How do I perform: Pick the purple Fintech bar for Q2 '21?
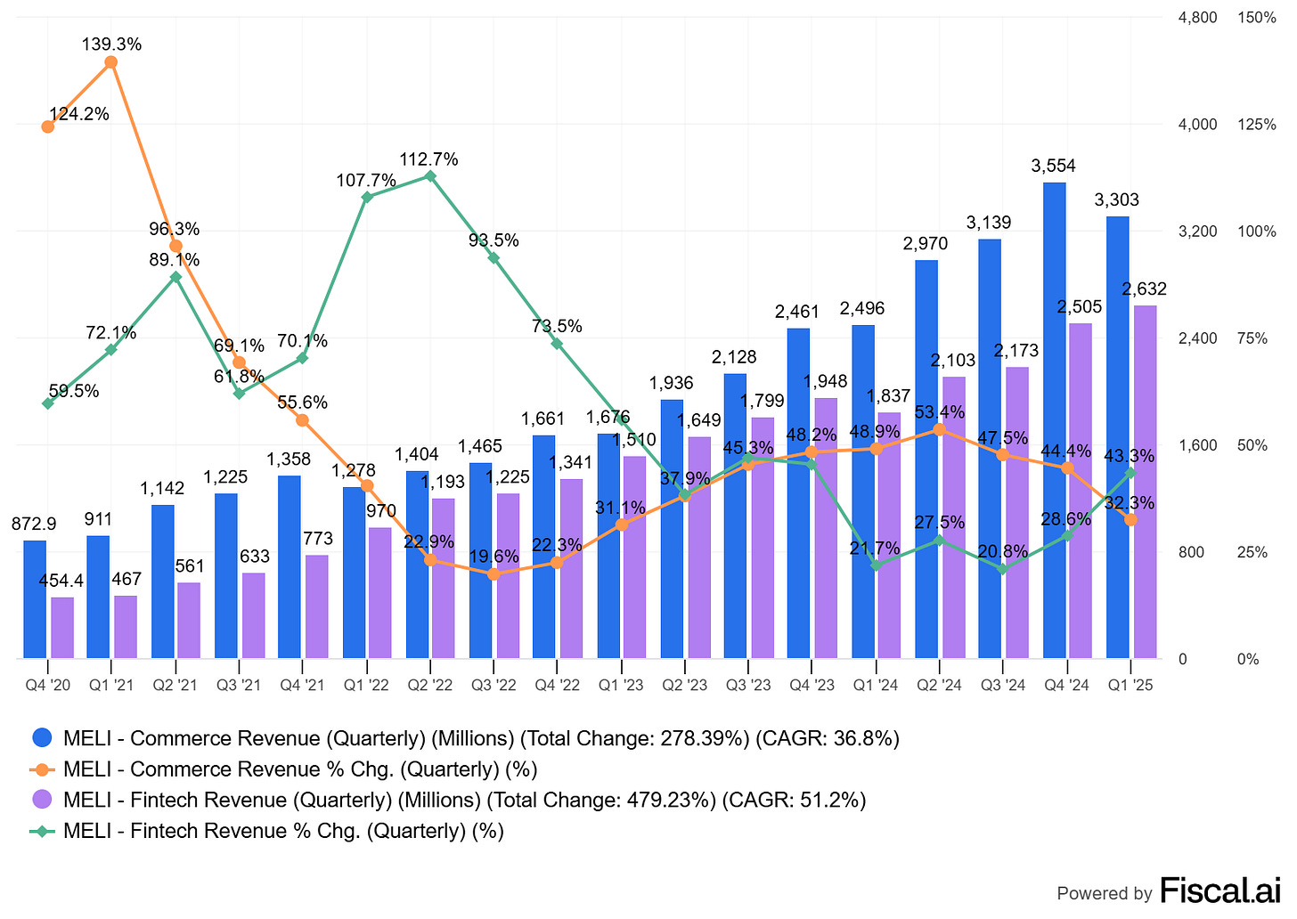click(x=189, y=621)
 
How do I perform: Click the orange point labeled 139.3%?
click(x=111, y=62)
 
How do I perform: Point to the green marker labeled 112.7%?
click(x=430, y=176)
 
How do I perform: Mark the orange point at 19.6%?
click(x=494, y=574)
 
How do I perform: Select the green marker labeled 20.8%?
click(x=1003, y=569)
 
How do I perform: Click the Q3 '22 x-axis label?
click(x=494, y=685)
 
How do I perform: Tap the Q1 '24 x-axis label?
click(x=876, y=685)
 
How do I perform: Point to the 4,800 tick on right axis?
click(x=1198, y=18)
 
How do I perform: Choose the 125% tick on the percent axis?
click(x=1257, y=125)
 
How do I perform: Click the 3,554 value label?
click(x=1054, y=166)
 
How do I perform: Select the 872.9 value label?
click(x=34, y=525)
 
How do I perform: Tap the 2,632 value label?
click(x=1145, y=289)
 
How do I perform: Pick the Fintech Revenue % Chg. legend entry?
click(x=283, y=831)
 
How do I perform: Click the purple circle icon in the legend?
click(x=42, y=800)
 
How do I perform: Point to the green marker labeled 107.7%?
click(x=366, y=197)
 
